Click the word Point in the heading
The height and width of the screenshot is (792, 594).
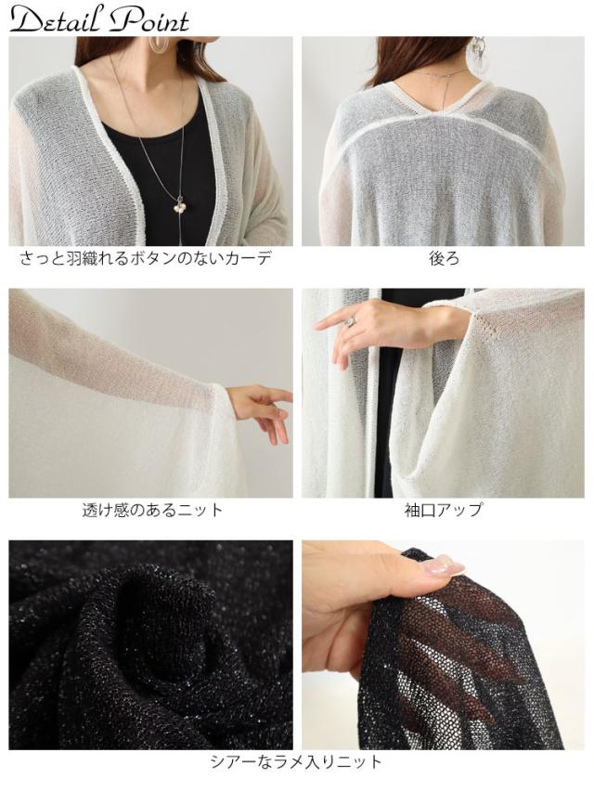point(148,20)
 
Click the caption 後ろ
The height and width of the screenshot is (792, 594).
point(444,259)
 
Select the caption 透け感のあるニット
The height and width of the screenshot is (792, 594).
point(152,510)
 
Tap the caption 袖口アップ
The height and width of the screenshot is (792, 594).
point(444,510)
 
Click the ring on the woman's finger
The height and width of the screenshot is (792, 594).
point(351,322)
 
